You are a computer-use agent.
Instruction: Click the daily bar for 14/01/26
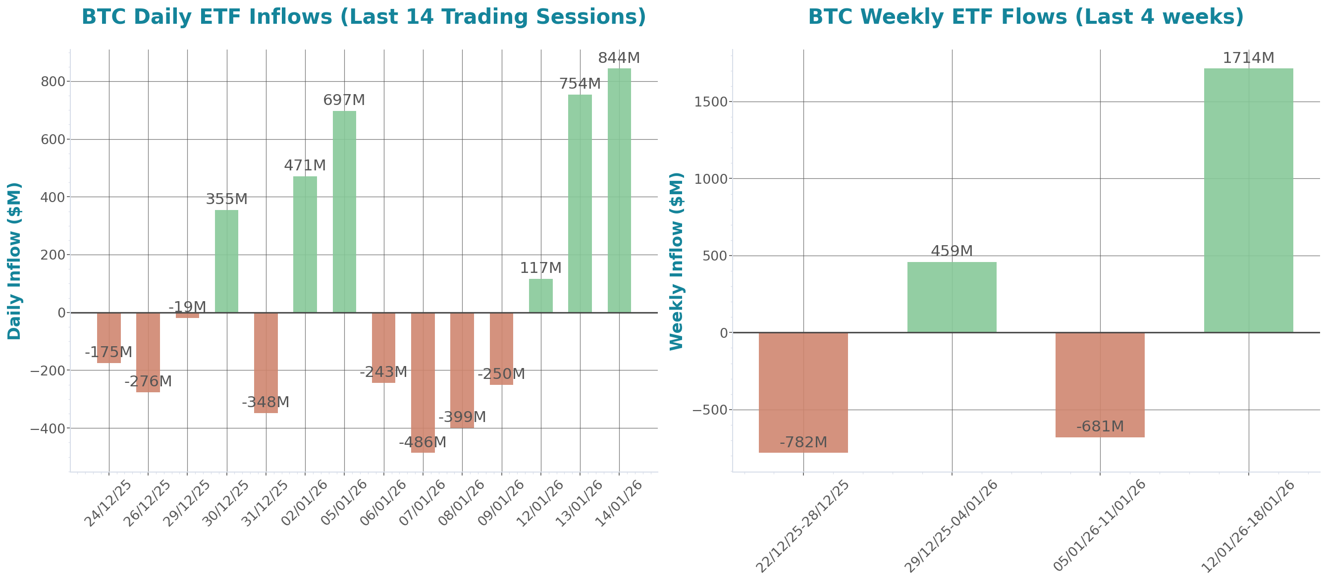[x=619, y=191]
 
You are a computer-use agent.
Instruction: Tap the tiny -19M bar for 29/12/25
[x=188, y=315]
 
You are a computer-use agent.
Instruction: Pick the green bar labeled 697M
[x=344, y=211]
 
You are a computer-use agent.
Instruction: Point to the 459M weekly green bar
[x=952, y=297]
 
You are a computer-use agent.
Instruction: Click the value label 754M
[x=580, y=83]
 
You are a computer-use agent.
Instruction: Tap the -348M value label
[x=265, y=402]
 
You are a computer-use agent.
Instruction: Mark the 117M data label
[x=540, y=268]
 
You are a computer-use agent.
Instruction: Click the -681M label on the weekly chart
[x=1100, y=426]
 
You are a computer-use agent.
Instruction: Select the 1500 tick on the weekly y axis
[x=710, y=102]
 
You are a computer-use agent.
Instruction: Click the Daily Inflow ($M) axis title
[x=14, y=261]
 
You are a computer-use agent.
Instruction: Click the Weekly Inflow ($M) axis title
[x=676, y=261]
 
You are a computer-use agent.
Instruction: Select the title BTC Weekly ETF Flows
[x=1025, y=16]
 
